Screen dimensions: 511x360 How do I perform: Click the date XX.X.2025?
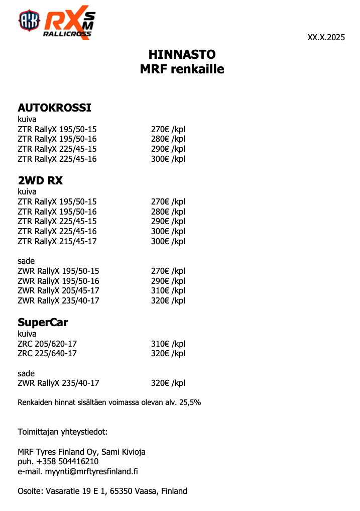pyautogui.click(x=326, y=37)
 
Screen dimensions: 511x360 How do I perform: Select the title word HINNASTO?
pyautogui.click(x=182, y=54)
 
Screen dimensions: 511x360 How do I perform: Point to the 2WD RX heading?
pyautogui.click(x=40, y=180)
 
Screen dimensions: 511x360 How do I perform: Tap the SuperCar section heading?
pyautogui.click(x=43, y=322)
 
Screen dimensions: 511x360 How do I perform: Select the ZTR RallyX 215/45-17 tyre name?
pyautogui.click(x=57, y=241)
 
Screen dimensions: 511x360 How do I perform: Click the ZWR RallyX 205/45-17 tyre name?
pyautogui.click(x=58, y=291)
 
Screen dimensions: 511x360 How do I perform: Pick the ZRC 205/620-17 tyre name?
pyautogui.click(x=47, y=344)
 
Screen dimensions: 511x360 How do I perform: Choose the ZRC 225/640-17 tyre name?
pyautogui.click(x=47, y=354)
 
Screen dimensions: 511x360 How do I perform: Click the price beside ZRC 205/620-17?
pyautogui.click(x=168, y=344)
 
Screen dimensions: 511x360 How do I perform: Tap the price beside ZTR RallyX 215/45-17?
pyautogui.click(x=168, y=241)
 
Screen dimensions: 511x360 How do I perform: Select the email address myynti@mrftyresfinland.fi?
pyautogui.click(x=91, y=471)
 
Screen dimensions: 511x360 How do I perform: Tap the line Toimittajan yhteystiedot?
pyautogui.click(x=63, y=432)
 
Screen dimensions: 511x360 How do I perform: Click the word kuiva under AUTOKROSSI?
pyautogui.click(x=27, y=120)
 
